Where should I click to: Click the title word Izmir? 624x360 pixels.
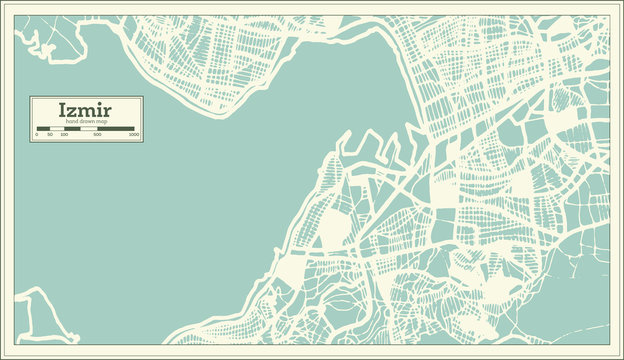[x=85, y=110]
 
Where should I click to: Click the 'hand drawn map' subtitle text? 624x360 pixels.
[x=86, y=121]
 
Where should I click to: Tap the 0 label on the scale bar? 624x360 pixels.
[x=37, y=134]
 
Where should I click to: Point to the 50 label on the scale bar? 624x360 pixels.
[x=50, y=134]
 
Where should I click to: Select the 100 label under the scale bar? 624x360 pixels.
[x=64, y=134]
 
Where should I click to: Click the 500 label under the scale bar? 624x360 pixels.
[x=97, y=134]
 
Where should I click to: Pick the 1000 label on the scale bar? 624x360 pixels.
[x=134, y=134]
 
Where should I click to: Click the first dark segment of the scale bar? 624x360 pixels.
[x=43, y=129]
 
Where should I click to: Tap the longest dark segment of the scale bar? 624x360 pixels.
[x=115, y=129]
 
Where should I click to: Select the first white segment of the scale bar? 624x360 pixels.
[x=57, y=129]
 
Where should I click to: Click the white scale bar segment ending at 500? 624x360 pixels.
[x=89, y=129]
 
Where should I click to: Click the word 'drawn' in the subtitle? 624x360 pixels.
[x=87, y=121]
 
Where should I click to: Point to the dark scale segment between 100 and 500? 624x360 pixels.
[x=72, y=129]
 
